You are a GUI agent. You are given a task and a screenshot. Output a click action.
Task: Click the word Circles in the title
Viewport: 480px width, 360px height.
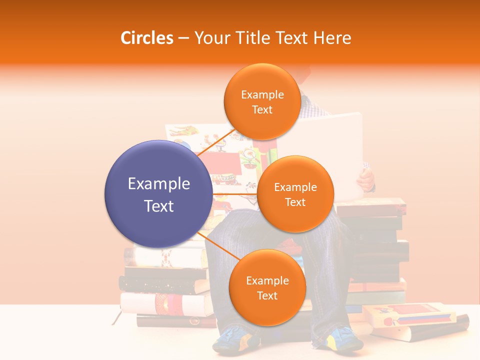click(146, 38)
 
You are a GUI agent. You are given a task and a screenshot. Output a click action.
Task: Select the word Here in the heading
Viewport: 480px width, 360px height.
click(332, 38)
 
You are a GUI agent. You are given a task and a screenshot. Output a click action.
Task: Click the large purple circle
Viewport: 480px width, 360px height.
click(158, 194)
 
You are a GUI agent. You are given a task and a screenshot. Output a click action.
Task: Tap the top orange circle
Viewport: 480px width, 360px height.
click(262, 101)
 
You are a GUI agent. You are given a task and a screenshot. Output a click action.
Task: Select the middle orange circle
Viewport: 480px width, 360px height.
click(295, 194)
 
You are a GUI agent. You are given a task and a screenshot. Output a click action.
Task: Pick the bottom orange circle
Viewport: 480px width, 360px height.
click(267, 287)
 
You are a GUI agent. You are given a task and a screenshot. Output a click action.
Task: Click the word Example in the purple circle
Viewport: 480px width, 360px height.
click(158, 184)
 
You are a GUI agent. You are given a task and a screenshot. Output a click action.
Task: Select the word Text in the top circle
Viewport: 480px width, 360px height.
click(262, 109)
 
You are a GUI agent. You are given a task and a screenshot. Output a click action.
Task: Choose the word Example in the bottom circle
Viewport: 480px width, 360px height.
click(267, 280)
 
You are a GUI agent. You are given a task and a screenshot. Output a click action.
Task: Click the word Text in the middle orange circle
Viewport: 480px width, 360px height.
click(295, 202)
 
